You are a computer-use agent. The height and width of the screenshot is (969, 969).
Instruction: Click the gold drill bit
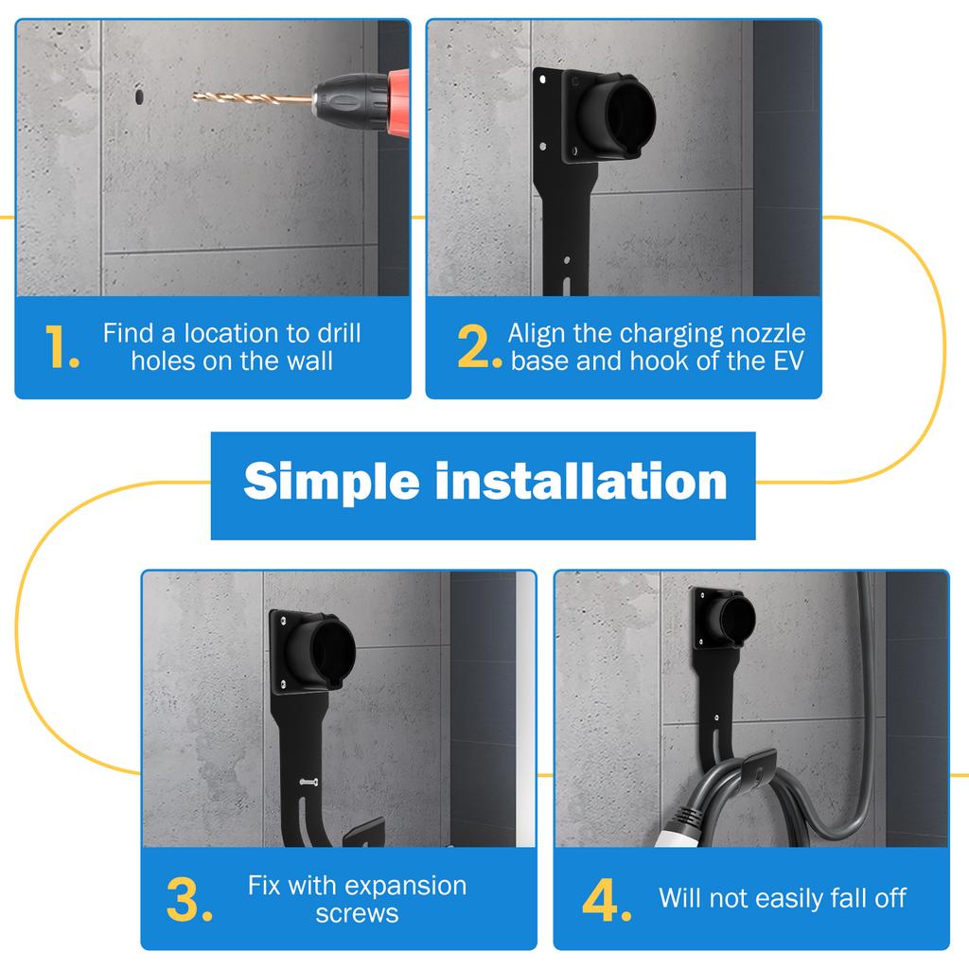click(x=252, y=97)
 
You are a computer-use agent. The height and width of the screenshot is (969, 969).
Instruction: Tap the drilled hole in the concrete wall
click(x=139, y=97)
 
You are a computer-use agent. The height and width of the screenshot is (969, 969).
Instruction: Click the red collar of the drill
click(x=398, y=102)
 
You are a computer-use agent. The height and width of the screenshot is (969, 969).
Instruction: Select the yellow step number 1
click(x=62, y=346)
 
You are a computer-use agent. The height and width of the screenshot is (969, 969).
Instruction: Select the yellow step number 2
click(x=479, y=346)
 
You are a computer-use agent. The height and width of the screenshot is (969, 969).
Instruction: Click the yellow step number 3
click(x=189, y=900)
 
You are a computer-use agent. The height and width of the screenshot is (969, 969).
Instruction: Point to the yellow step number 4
click(x=607, y=900)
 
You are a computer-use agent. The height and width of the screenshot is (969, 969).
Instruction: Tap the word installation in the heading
click(x=582, y=482)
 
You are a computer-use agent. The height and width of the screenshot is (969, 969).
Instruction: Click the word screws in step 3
click(x=357, y=914)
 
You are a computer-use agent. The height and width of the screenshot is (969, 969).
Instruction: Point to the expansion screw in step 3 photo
click(x=309, y=783)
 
